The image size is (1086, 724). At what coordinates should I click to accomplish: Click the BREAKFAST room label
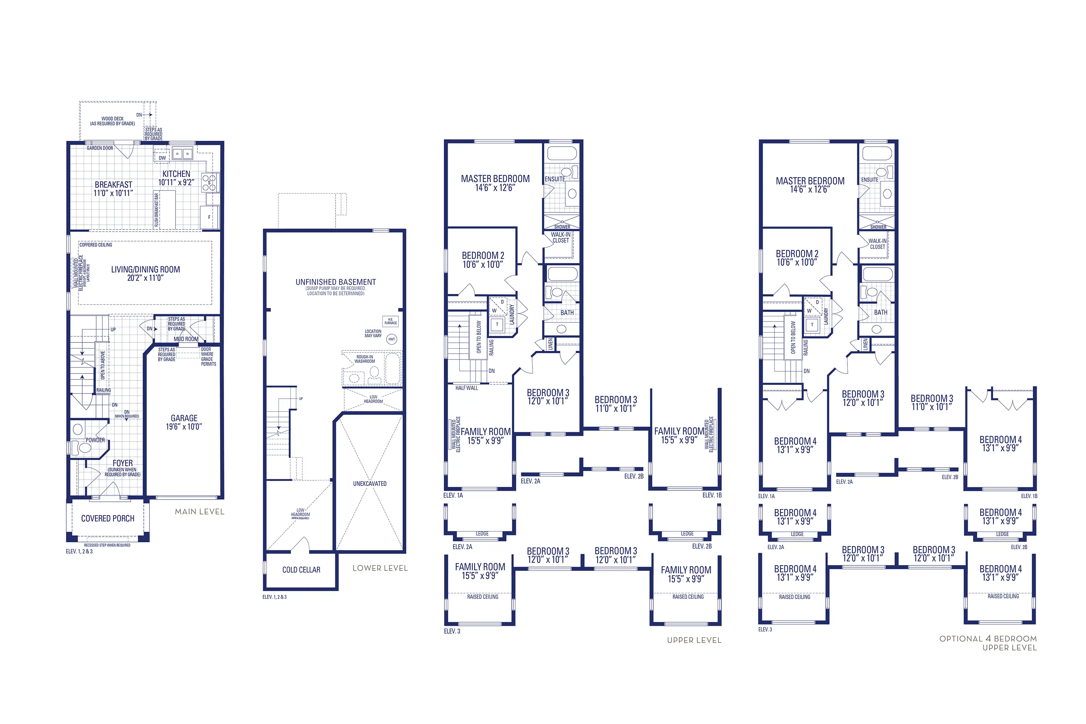114,185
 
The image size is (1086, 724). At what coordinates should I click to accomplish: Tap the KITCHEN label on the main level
176,174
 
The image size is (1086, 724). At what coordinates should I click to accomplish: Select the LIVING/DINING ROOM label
146,270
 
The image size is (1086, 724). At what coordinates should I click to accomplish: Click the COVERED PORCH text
108,518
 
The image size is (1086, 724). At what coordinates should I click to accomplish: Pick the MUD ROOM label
186,339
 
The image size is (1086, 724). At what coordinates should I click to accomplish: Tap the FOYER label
122,463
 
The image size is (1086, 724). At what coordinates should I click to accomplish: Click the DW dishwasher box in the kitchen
162,157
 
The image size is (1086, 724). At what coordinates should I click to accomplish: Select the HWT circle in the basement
392,340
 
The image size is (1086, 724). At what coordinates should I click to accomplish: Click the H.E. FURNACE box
391,321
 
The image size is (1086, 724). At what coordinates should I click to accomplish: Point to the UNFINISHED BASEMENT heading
336,282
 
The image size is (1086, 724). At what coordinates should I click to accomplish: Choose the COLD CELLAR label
301,570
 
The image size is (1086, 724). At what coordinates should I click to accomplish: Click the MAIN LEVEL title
199,512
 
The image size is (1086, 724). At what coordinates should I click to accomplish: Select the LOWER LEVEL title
380,568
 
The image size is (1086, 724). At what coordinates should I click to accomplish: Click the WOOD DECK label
112,119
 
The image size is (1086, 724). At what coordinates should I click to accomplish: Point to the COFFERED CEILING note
96,245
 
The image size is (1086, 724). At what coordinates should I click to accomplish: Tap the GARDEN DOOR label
100,148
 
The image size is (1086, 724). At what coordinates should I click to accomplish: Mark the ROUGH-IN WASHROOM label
365,359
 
